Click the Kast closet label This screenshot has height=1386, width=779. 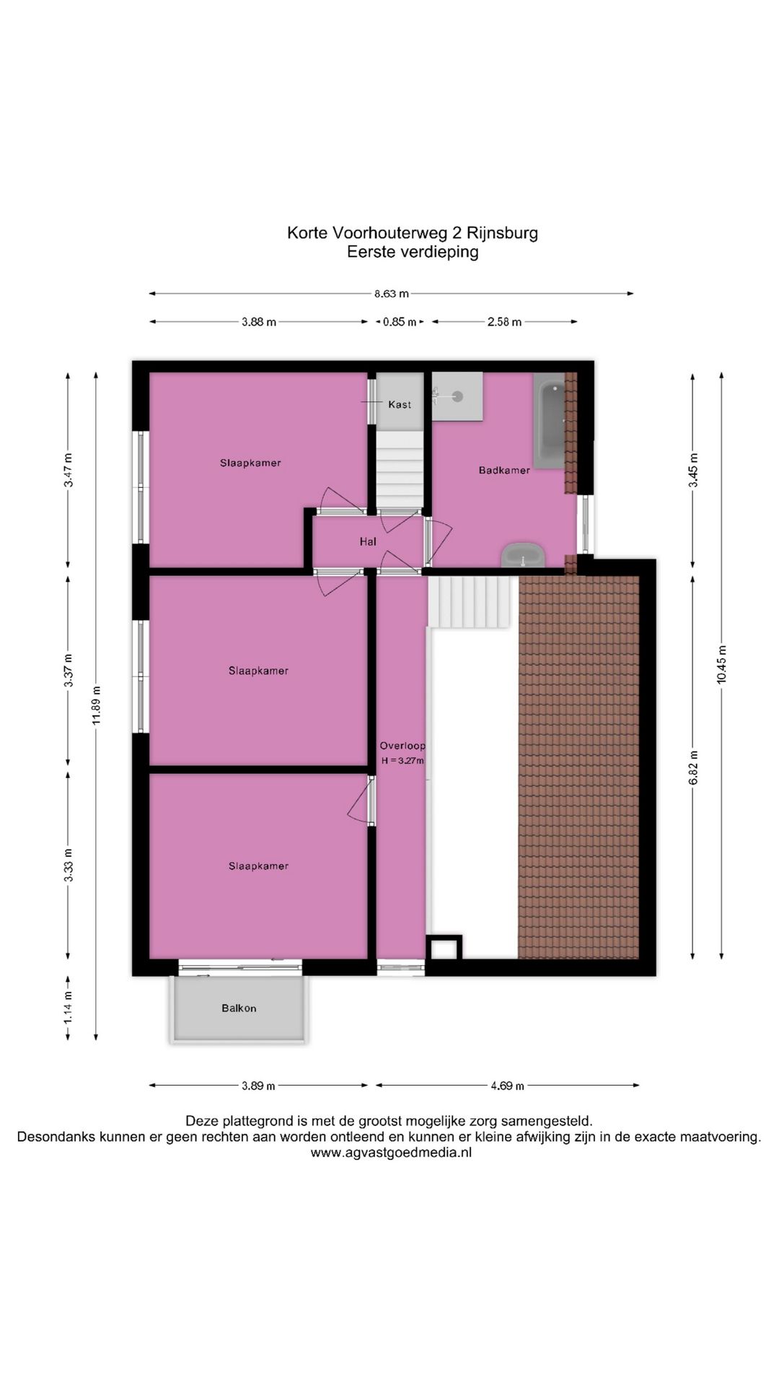tap(400, 404)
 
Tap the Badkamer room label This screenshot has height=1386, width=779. tap(504, 470)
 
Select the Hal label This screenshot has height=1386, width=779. tap(368, 541)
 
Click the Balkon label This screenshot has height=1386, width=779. tap(239, 1008)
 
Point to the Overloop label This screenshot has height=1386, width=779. tap(402, 746)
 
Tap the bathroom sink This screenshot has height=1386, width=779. tap(523, 557)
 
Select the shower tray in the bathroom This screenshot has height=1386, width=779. tap(457, 396)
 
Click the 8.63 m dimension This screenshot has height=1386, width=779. tap(391, 294)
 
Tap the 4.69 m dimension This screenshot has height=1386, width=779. tap(507, 1085)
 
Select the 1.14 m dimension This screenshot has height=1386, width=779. tap(69, 1008)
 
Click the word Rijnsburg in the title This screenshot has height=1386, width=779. tap(502, 233)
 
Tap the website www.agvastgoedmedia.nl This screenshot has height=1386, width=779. tap(391, 1153)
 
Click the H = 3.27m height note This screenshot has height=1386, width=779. tap(402, 761)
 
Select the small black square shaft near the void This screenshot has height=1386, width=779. tap(444, 947)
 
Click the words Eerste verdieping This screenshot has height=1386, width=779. tap(413, 252)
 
